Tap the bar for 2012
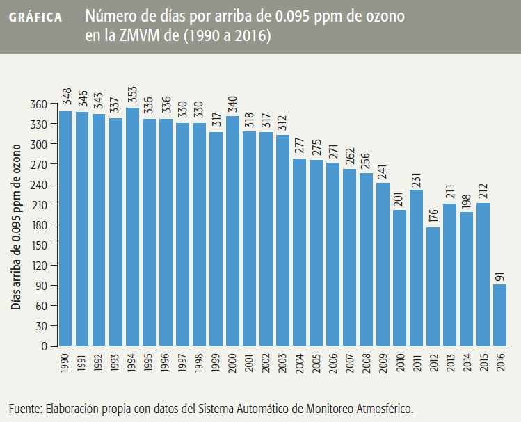point(433,286)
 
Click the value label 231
point(417,179)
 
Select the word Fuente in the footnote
point(26,407)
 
